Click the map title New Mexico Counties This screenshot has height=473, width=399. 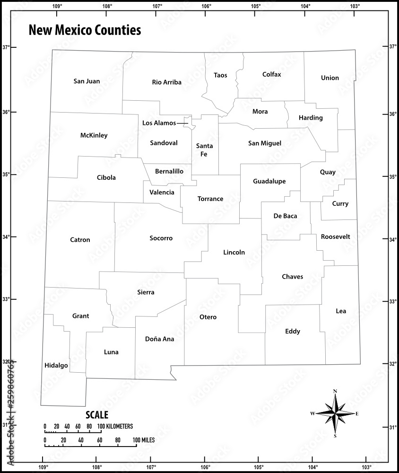85,31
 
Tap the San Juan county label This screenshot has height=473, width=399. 87,81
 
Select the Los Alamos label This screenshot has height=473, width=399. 159,123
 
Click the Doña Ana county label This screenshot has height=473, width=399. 159,339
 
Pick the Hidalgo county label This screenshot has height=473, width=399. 56,366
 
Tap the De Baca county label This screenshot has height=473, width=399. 285,216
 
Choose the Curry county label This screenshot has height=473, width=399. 340,204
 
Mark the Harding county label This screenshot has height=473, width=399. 311,118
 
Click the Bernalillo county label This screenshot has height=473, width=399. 169,171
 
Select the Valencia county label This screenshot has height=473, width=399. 162,193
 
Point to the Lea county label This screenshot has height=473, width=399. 340,311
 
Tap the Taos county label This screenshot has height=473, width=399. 220,75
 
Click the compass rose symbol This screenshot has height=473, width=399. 335,413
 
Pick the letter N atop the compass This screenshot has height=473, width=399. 335,391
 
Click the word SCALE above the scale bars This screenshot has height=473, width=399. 97,415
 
